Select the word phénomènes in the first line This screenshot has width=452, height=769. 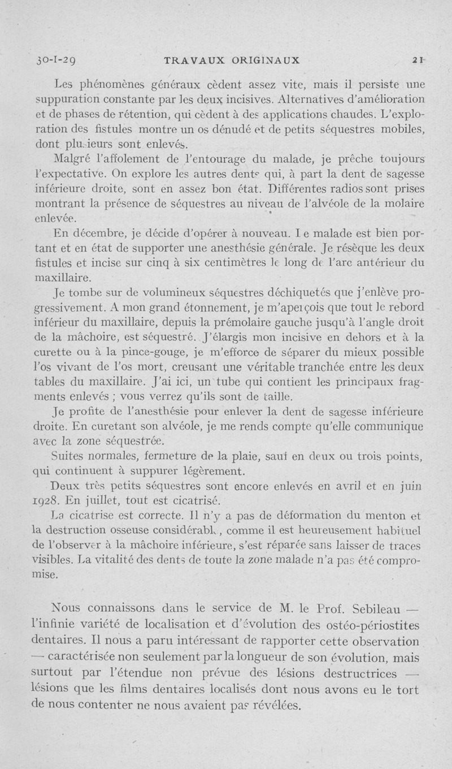[x=107, y=86]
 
